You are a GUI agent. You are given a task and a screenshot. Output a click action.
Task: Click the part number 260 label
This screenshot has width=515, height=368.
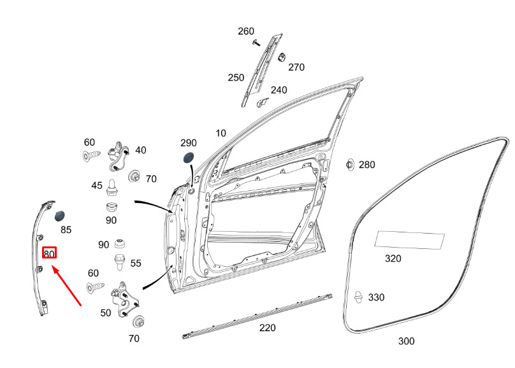pyautogui.click(x=246, y=31)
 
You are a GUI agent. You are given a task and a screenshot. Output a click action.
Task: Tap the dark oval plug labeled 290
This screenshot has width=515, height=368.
pyautogui.click(x=188, y=158)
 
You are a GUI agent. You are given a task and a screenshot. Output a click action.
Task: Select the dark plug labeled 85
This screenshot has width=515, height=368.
pyautogui.click(x=59, y=216)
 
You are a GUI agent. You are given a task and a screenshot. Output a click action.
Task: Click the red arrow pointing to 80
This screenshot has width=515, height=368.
pyautogui.click(x=67, y=286)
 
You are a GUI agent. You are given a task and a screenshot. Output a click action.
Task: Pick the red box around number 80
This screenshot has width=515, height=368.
pyautogui.click(x=49, y=253)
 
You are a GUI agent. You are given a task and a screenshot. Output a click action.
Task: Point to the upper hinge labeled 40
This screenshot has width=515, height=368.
pyautogui.click(x=118, y=157)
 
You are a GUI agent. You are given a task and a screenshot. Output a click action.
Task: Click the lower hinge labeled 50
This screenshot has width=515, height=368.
pyautogui.click(x=125, y=299)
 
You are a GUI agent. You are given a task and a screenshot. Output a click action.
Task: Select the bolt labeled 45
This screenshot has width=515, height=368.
pyautogui.click(x=112, y=188)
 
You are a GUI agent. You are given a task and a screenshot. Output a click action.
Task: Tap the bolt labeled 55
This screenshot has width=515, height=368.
pyautogui.click(x=119, y=262)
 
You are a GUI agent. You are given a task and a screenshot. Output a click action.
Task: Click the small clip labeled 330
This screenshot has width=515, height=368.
pyautogui.click(x=359, y=297)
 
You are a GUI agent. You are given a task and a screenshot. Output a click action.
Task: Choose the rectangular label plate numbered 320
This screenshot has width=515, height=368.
pyautogui.click(x=410, y=240)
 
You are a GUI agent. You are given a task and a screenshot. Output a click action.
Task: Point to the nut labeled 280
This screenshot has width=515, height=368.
pyautogui.click(x=350, y=164)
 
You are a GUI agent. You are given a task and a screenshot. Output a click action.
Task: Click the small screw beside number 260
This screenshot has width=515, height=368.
pyautogui.click(x=256, y=43)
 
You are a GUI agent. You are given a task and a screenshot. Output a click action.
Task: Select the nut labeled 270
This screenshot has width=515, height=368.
pyautogui.click(x=282, y=57)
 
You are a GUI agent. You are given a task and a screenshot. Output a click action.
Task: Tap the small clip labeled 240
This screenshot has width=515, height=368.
pyautogui.click(x=262, y=103)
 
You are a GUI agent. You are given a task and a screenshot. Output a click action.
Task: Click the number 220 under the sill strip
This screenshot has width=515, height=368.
pyautogui.click(x=267, y=328)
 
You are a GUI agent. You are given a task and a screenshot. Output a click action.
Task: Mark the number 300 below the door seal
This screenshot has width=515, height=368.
pyautogui.click(x=406, y=341)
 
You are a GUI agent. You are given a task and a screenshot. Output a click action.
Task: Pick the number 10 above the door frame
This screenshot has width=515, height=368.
pyautogui.click(x=221, y=133)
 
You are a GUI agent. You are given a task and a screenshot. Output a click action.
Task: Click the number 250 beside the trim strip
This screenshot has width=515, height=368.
pyautogui.click(x=236, y=78)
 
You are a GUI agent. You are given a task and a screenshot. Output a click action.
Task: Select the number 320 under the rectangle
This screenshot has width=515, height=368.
pyautogui.click(x=393, y=258)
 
